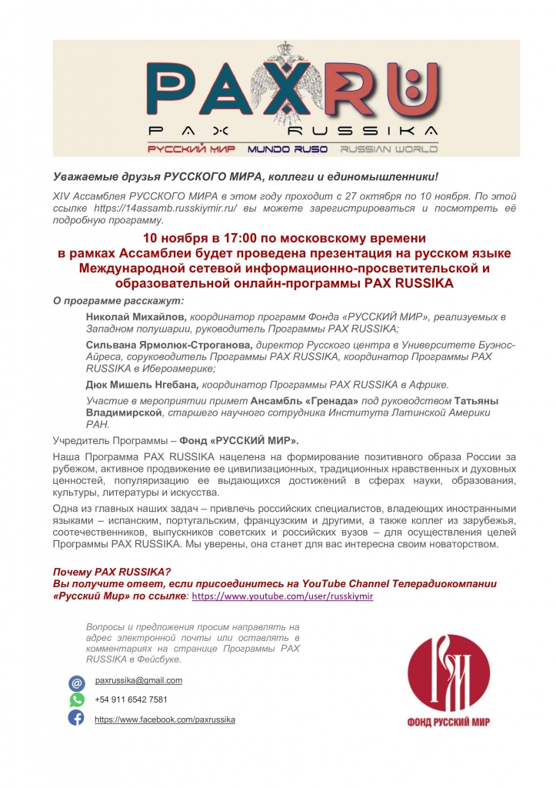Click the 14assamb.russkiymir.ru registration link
click(x=144, y=209)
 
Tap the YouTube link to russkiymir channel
click(x=282, y=596)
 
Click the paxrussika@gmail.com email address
click(x=138, y=680)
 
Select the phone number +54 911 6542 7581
click(x=131, y=700)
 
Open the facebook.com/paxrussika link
click(x=165, y=719)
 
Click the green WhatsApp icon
click(x=77, y=700)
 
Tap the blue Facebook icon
click(x=77, y=718)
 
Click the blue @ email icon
click(x=77, y=683)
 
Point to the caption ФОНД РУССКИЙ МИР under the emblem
click(x=448, y=722)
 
